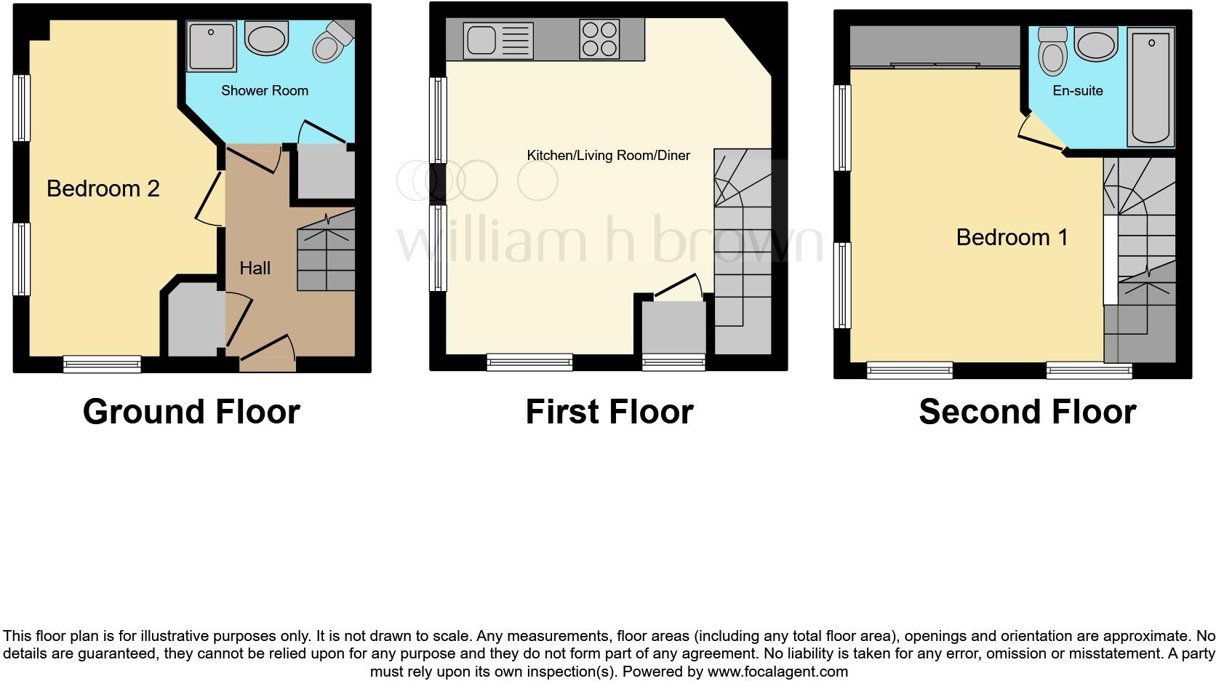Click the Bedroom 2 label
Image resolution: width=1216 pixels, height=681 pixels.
[x=103, y=188]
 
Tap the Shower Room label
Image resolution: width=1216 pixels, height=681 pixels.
[x=264, y=90]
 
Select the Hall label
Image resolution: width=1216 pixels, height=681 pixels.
[x=255, y=268]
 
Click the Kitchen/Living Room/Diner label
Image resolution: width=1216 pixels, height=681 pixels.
[x=608, y=155]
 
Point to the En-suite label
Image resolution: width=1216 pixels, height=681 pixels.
[x=1077, y=90]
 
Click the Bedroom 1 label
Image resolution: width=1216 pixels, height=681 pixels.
[x=1011, y=237]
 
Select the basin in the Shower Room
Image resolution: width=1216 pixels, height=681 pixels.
[x=266, y=38]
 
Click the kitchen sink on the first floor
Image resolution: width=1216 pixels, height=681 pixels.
[x=498, y=40]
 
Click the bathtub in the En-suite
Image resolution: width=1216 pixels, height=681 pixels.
[x=1151, y=87]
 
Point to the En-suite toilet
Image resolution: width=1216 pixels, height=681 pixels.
[x=1052, y=52]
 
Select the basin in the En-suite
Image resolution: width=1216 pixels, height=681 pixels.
[x=1095, y=44]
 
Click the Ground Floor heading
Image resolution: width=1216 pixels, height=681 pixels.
[x=191, y=412]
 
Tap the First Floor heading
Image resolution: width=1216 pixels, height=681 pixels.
[x=609, y=412]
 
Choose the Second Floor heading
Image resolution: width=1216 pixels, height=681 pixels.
[x=1027, y=412]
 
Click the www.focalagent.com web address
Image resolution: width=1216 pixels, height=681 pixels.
[x=777, y=672]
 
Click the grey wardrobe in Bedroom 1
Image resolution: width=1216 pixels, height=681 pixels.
[x=935, y=46]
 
